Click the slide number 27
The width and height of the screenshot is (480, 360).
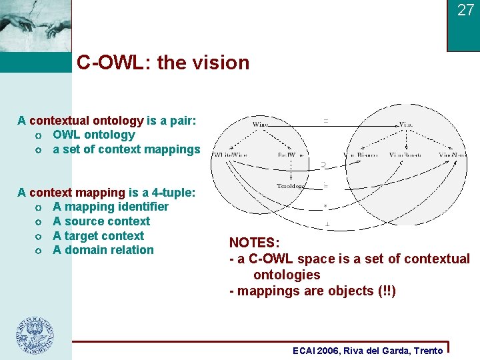(465, 10)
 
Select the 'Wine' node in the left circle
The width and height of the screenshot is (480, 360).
(261, 124)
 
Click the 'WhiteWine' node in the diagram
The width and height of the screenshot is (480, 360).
(230, 155)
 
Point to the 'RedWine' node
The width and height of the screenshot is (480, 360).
(291, 155)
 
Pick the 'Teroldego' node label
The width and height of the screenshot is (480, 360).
(291, 186)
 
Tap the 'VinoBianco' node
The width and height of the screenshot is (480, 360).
(360, 155)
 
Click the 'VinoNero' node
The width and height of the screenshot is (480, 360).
(453, 155)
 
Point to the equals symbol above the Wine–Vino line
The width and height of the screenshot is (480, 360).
(325, 121)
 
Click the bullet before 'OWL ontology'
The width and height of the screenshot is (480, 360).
(41, 135)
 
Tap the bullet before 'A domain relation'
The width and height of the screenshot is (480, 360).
(41, 251)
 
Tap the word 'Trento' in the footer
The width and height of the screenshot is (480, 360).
(428, 351)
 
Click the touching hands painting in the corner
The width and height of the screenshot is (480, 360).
(35, 25)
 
